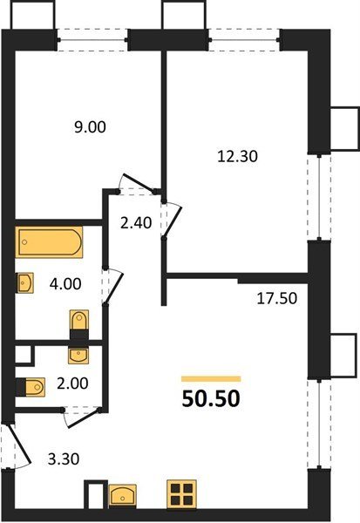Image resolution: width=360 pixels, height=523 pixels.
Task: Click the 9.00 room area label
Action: click(90, 127)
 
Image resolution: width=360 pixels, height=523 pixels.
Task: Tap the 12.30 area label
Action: click(237, 156)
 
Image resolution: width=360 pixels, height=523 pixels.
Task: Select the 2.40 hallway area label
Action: click(136, 223)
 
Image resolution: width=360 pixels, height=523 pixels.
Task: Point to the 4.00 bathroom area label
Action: click(65, 284)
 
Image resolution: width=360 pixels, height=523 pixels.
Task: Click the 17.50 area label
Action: click(276, 298)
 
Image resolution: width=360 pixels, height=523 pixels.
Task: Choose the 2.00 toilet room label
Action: click(72, 384)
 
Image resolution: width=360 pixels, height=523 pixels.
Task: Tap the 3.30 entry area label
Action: click(64, 459)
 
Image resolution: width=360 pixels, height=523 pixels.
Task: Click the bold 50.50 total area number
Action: click(211, 399)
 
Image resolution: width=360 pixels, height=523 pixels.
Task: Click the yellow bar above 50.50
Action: click(211, 378)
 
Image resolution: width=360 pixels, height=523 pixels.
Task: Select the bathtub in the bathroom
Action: click(49, 241)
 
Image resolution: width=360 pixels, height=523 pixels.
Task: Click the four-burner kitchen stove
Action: click(181, 494)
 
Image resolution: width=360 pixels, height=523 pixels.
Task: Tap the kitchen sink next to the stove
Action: click(123, 496)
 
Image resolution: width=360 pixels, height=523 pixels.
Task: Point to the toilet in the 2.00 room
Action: click(31, 387)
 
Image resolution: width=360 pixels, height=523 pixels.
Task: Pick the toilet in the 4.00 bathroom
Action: click(79, 324)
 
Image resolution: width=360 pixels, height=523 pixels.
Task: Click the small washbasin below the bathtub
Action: click(25, 282)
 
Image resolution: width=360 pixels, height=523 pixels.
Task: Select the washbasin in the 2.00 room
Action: click(78, 356)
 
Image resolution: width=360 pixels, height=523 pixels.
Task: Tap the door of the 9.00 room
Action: click(137, 183)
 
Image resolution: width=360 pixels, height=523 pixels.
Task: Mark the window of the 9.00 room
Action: click(92, 40)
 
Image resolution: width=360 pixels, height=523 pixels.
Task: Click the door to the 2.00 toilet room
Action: click(82, 417)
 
